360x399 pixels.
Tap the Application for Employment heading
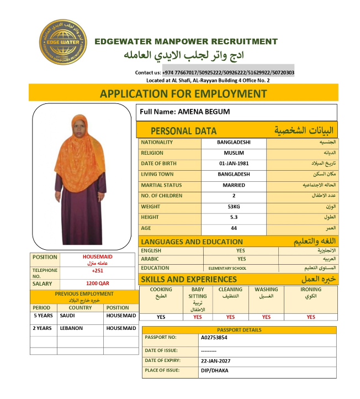[183, 93]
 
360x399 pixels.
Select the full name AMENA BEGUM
[204, 112]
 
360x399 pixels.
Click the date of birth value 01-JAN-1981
[234, 164]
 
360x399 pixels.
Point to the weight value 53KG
[234, 207]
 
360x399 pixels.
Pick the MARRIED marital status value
[234, 185]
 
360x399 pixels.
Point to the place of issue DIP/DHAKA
[214, 370]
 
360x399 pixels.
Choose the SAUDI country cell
[68, 316]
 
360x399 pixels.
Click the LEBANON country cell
[71, 328]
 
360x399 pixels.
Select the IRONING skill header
[310, 290]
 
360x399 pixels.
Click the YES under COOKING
[161, 317]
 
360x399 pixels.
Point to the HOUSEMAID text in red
[97, 257]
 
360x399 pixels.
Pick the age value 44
[234, 228]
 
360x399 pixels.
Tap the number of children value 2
[234, 196]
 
